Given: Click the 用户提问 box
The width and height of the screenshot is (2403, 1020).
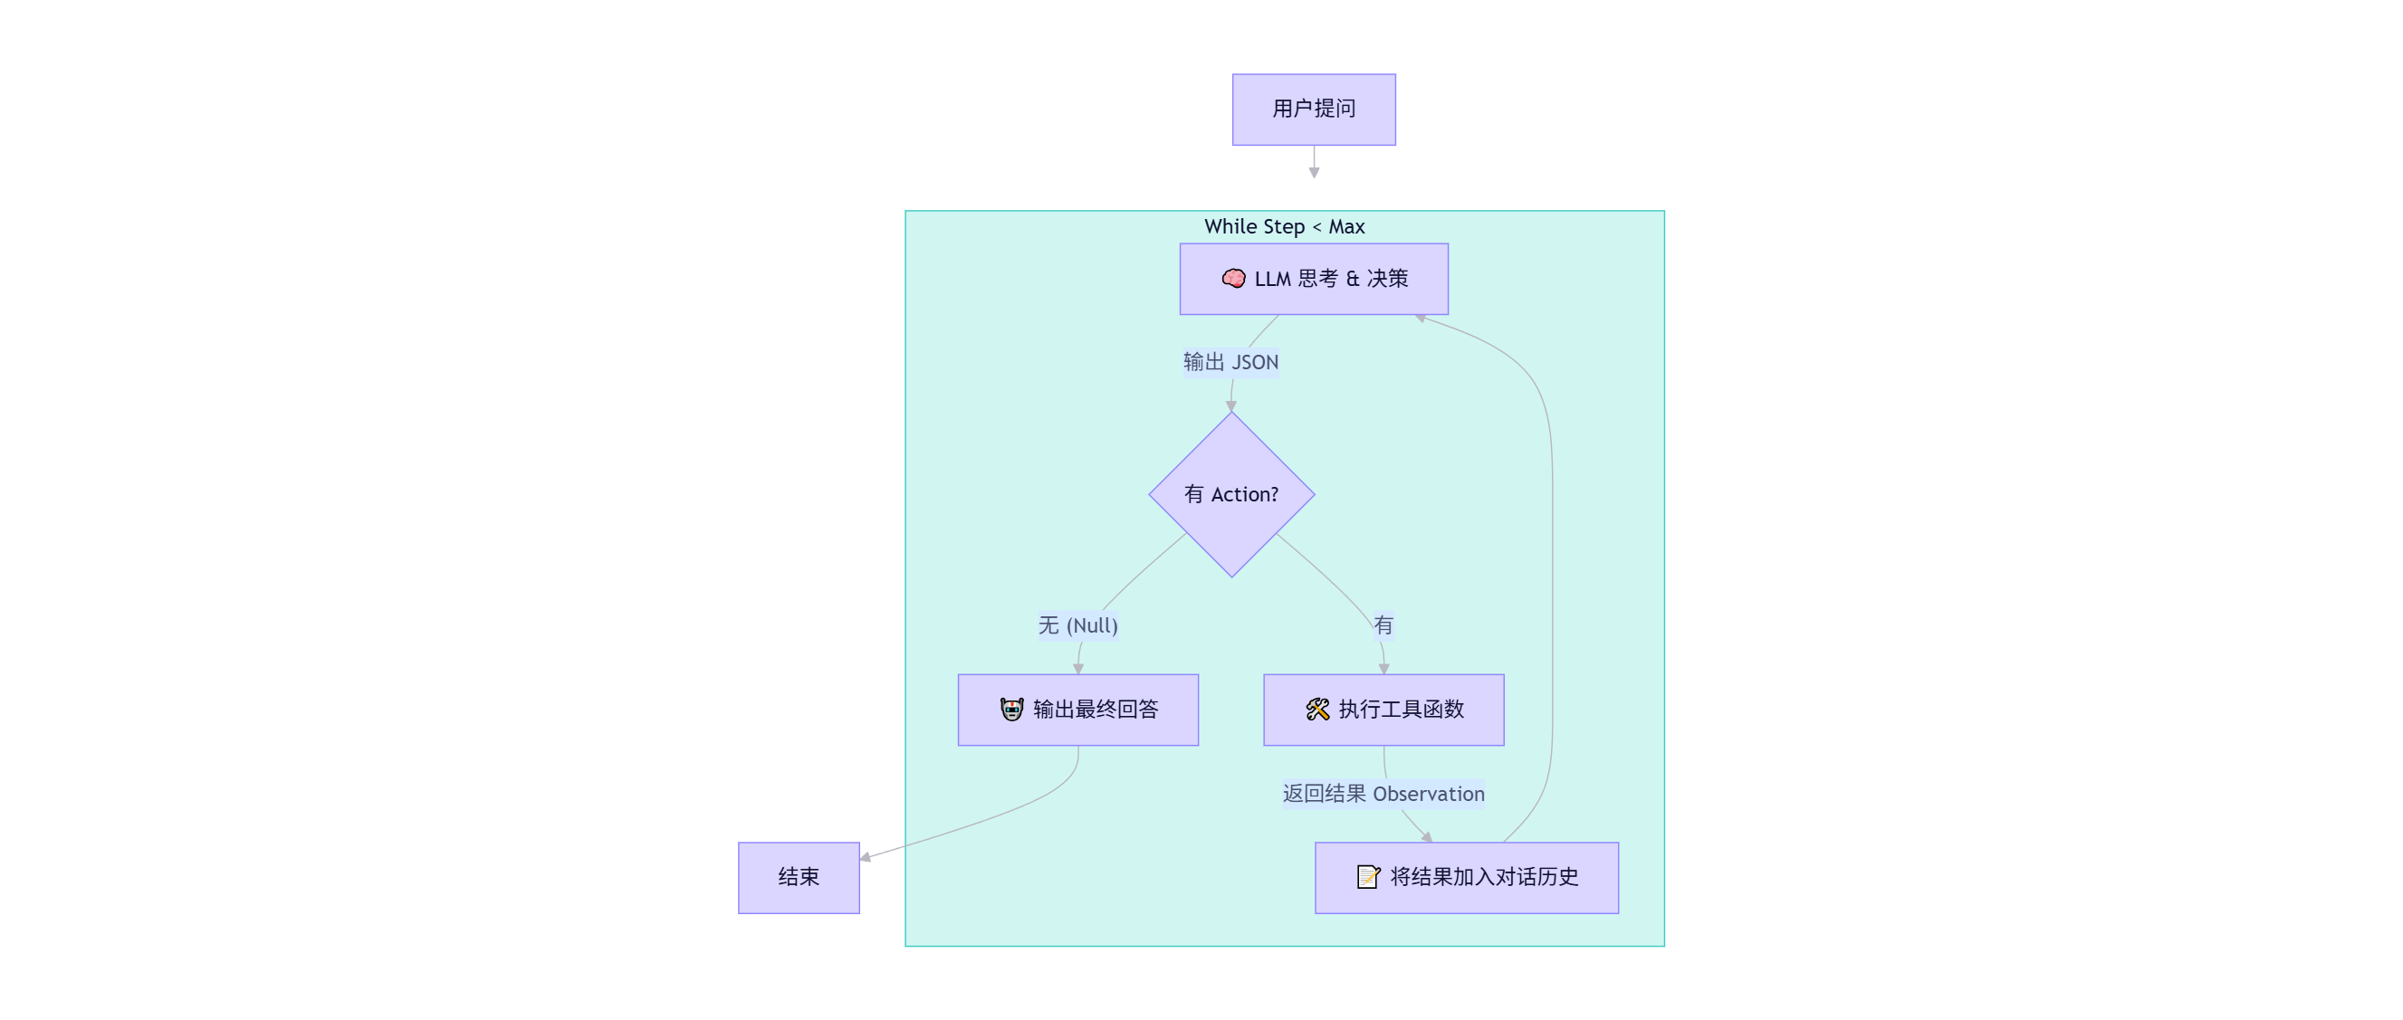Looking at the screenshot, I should pyautogui.click(x=1314, y=110).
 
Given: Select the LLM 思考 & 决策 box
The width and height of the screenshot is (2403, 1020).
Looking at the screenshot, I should pyautogui.click(x=1314, y=279).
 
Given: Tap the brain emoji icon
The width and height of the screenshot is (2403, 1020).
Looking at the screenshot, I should pyautogui.click(x=1233, y=279).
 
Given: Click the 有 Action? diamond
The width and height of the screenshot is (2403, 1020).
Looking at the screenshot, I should pyautogui.click(x=1231, y=494).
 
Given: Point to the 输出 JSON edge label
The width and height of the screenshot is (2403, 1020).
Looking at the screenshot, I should pyautogui.click(x=1230, y=362).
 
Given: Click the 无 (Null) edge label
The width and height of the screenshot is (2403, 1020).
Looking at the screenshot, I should pyautogui.click(x=1077, y=624).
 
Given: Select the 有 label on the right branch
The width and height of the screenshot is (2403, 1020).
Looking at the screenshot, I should pyautogui.click(x=1383, y=624).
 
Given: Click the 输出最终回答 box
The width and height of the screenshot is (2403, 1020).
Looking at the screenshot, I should pyautogui.click(x=1077, y=710).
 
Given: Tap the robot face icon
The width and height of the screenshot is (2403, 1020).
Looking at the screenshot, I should pyautogui.click(x=1011, y=710).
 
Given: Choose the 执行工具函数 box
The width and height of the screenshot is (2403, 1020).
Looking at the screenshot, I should pyautogui.click(x=1383, y=710).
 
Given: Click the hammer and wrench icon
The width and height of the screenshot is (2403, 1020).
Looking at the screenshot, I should pyautogui.click(x=1317, y=710).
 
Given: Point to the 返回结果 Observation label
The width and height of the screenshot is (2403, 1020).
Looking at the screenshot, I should pyautogui.click(x=1383, y=794).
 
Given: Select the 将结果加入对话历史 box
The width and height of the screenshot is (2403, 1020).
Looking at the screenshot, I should pyautogui.click(x=1467, y=877).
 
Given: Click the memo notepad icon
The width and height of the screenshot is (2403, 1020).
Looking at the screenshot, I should pyautogui.click(x=1367, y=877).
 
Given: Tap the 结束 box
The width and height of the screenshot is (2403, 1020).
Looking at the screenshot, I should pyautogui.click(x=799, y=877).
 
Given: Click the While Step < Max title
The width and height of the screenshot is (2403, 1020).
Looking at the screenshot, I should pyautogui.click(x=1284, y=226).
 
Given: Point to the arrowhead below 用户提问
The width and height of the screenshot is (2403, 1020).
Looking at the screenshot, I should pyautogui.click(x=1314, y=173).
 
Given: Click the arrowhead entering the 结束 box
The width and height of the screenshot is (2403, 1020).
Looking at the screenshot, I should pyautogui.click(x=866, y=857).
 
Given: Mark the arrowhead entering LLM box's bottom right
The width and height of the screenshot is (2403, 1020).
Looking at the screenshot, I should pyautogui.click(x=1421, y=319).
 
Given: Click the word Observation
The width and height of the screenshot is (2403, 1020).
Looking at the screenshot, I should pyautogui.click(x=1428, y=794).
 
